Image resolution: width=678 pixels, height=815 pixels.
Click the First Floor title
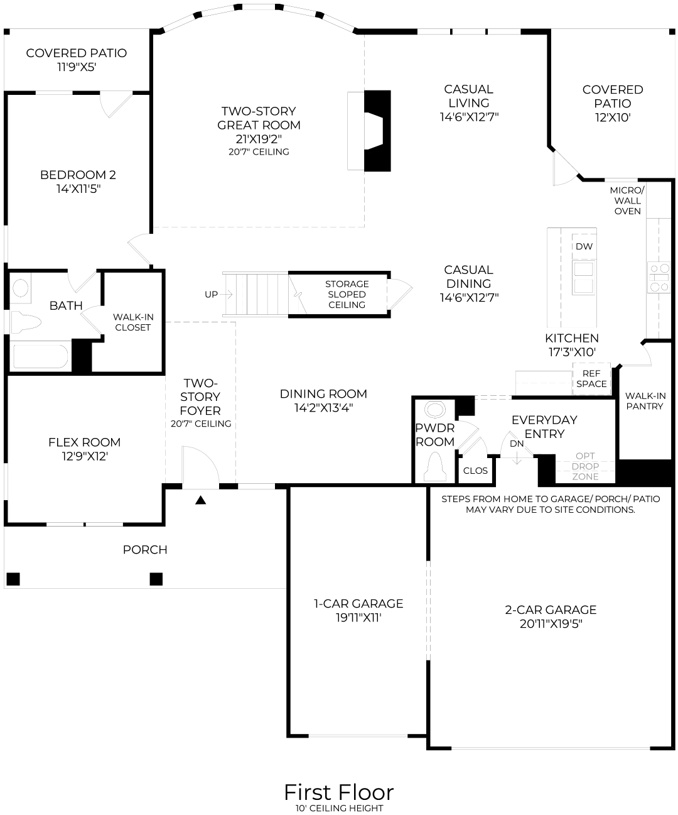coord(338,792)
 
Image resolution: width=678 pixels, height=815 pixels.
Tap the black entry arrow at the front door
coord(200,500)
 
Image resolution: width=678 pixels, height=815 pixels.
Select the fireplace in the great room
coord(377,130)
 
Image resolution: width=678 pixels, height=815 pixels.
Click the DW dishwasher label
coord(584,246)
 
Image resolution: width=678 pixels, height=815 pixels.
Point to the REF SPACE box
coord(591,379)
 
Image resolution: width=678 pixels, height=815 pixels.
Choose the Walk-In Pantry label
coord(645,401)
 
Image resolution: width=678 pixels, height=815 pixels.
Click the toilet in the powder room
coord(434,468)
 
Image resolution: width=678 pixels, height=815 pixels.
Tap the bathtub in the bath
coord(40,356)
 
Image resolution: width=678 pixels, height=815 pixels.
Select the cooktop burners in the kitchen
coord(659,278)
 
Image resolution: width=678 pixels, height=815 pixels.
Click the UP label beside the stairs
coord(211,294)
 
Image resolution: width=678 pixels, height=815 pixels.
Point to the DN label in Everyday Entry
coord(517,444)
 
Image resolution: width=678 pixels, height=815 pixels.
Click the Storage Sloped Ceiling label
coord(347,294)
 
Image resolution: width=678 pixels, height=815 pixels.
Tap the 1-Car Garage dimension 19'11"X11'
coord(358,618)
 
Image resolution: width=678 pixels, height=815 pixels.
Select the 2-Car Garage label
coord(551,610)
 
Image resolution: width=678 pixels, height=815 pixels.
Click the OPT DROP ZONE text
coord(585,466)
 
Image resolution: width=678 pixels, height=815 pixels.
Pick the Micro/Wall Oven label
coord(627,200)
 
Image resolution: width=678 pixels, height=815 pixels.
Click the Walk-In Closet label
coord(132,322)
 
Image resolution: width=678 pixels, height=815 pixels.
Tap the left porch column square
coord(13,578)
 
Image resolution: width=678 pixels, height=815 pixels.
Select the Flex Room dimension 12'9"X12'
coord(84,456)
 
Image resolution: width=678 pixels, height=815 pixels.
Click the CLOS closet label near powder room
coord(475,471)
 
